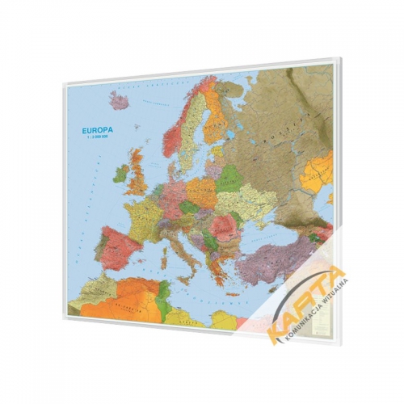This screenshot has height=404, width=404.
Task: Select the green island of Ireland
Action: coord(121,173)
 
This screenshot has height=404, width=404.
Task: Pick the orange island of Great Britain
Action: coord(139,173)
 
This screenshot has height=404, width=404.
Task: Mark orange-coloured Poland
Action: coord(204,192)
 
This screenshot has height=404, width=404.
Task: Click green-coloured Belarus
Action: coord(229,179)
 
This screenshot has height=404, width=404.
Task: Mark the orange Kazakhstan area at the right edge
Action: coord(321,170)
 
